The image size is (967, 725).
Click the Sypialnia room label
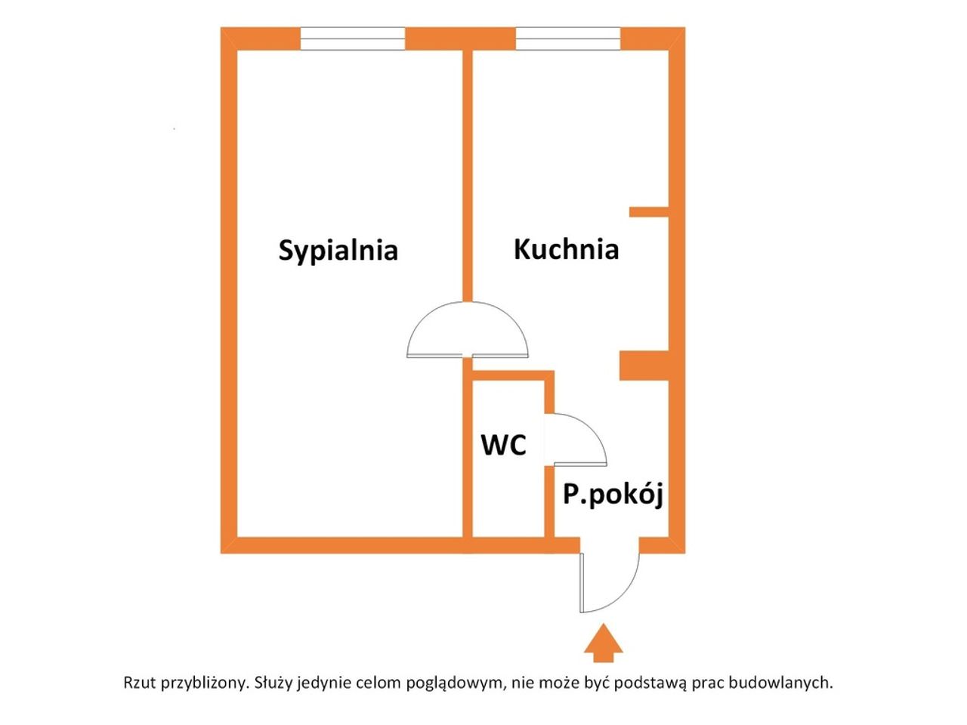338,251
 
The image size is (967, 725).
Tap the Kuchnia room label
566,249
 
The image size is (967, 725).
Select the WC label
504,445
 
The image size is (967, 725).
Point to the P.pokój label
613,495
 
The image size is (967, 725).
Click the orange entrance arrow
603,643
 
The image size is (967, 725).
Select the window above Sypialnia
353,39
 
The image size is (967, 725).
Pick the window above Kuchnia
568,39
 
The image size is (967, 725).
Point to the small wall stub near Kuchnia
648,211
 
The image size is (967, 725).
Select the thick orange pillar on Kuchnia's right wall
644,366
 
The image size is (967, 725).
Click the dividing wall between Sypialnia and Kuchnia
468,176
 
